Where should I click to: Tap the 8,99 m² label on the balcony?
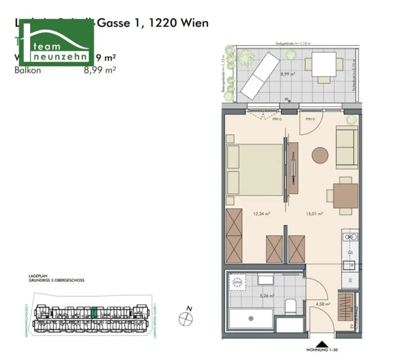(288, 74)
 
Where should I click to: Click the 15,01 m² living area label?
(314, 214)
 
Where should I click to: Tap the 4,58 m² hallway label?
(323, 304)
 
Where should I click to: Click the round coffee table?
(320, 156)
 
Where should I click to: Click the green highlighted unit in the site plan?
(94, 312)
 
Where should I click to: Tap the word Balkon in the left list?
(28, 71)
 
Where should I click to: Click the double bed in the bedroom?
(255, 170)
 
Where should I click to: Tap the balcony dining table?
(324, 64)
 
